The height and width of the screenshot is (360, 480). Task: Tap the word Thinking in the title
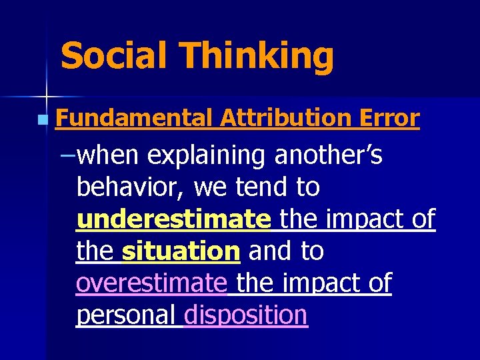257,57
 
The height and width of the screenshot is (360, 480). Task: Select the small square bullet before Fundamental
43,121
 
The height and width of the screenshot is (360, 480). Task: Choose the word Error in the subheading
391,119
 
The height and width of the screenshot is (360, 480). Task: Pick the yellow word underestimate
173,219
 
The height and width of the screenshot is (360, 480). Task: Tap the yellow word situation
181,251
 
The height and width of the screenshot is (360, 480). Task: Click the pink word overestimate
151,283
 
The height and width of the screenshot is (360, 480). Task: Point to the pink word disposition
245,315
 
